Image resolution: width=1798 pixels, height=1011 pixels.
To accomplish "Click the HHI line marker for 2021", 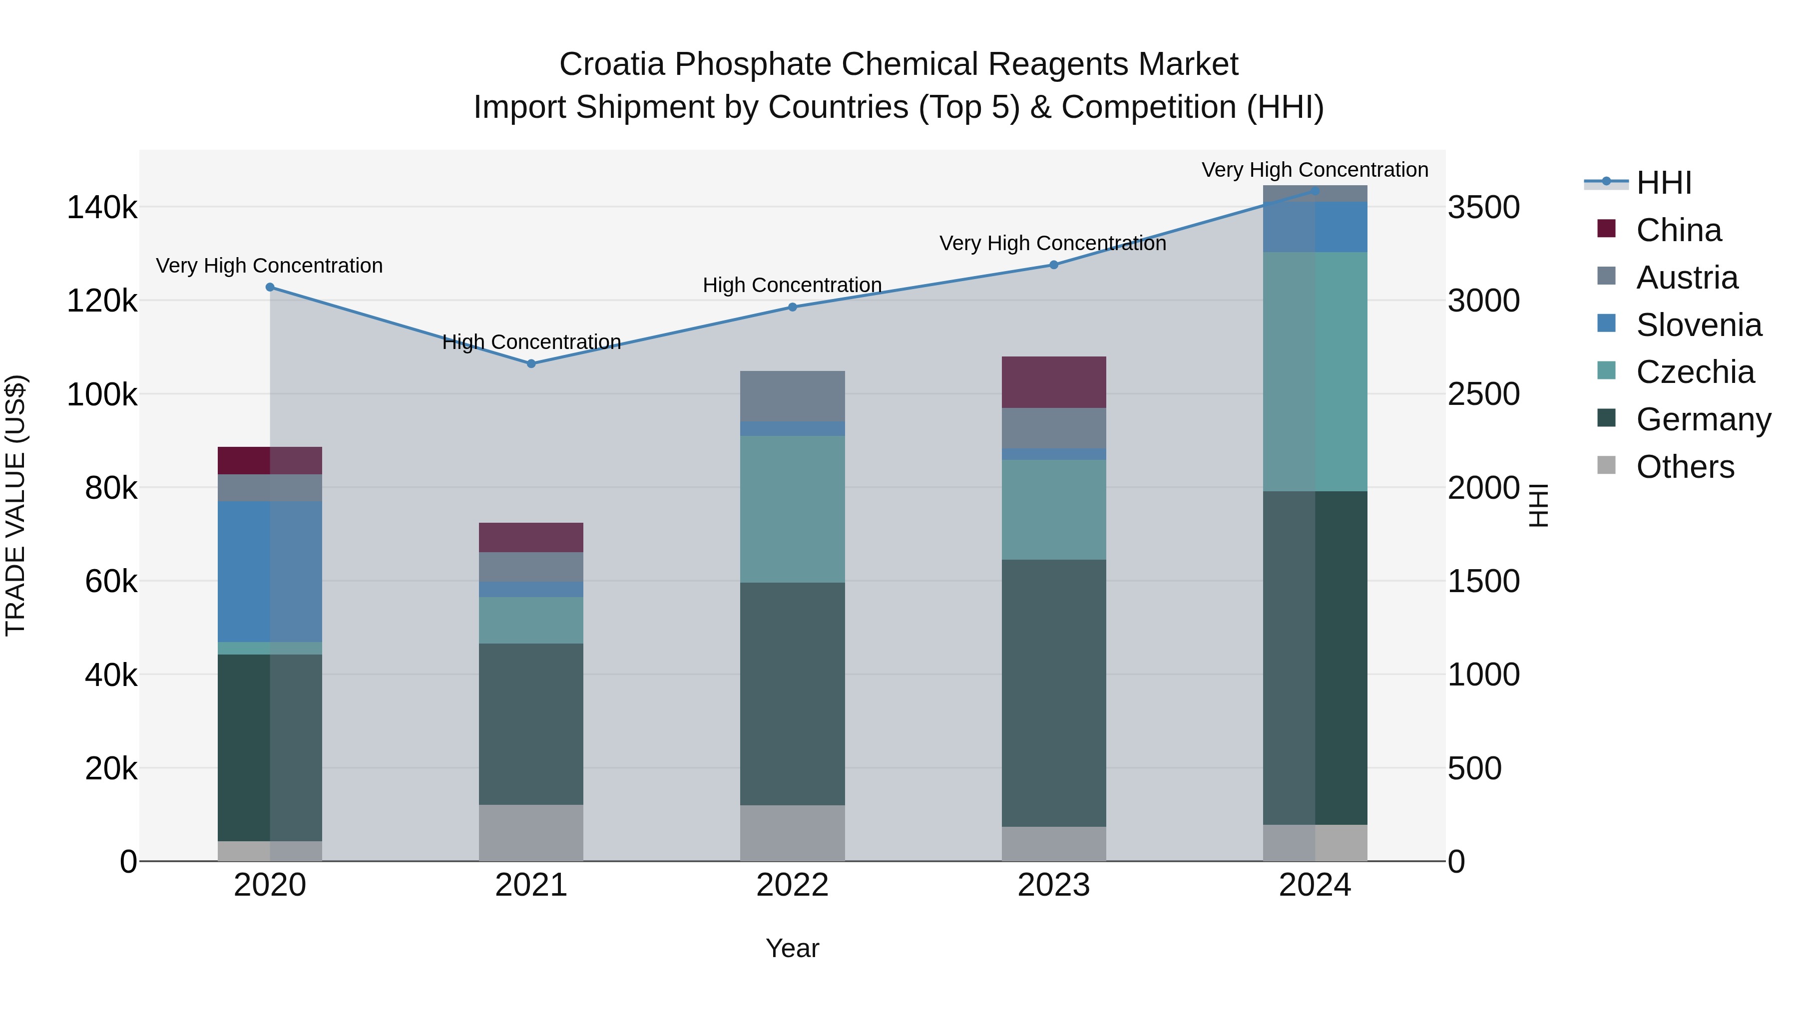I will (531, 363).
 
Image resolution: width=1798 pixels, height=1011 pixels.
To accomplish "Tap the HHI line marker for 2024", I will (1315, 191).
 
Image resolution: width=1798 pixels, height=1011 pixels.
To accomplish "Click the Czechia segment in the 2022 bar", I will (792, 509).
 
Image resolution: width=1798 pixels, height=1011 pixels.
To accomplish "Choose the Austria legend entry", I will (1686, 278).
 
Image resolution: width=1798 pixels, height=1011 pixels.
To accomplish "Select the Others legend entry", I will (1685, 467).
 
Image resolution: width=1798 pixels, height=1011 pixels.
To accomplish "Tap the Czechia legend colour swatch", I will (1606, 370).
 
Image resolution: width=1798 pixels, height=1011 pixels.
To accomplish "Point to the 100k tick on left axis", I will (102, 395).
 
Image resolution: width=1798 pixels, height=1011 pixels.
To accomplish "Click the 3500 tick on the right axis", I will (1483, 207).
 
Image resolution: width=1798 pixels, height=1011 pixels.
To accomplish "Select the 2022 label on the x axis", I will (792, 885).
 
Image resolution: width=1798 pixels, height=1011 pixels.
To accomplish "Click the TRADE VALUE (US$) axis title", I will (15, 505).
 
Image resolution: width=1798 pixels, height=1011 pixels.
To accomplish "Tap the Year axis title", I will (792, 948).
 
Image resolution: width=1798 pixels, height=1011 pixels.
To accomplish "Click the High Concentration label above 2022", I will (792, 286).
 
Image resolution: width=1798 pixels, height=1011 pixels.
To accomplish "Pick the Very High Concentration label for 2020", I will (269, 266).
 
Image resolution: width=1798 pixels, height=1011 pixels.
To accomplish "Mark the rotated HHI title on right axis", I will (1538, 505).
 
